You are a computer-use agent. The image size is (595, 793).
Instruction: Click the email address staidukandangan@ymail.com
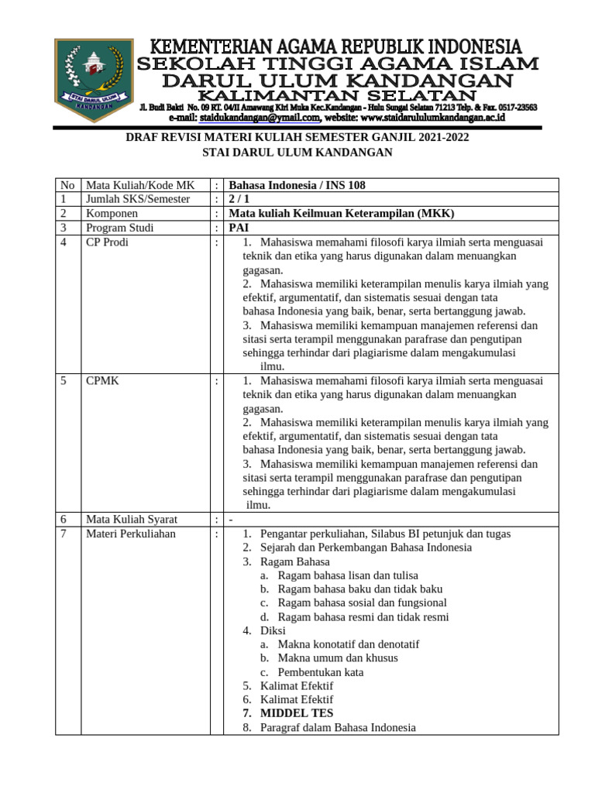(260, 118)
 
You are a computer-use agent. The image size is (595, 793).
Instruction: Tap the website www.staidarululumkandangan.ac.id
(432, 118)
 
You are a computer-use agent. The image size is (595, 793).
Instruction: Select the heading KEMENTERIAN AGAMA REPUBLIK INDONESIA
(335, 46)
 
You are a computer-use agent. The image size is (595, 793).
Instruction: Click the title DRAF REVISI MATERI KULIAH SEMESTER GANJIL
(297, 138)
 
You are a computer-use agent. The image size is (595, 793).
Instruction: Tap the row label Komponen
(112, 213)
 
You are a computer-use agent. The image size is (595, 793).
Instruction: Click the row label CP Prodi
(107, 242)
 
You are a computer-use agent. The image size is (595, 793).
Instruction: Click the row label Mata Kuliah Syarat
(132, 520)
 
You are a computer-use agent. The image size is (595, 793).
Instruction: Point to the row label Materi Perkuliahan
(131, 534)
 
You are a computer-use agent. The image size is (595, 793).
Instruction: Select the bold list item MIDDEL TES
(297, 713)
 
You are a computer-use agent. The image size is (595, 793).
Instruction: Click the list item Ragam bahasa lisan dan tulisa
(347, 575)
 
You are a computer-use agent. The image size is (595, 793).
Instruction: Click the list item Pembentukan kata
(320, 672)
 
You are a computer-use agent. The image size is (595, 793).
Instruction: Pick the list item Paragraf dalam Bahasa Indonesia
(338, 727)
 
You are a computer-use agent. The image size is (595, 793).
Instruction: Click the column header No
(67, 185)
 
